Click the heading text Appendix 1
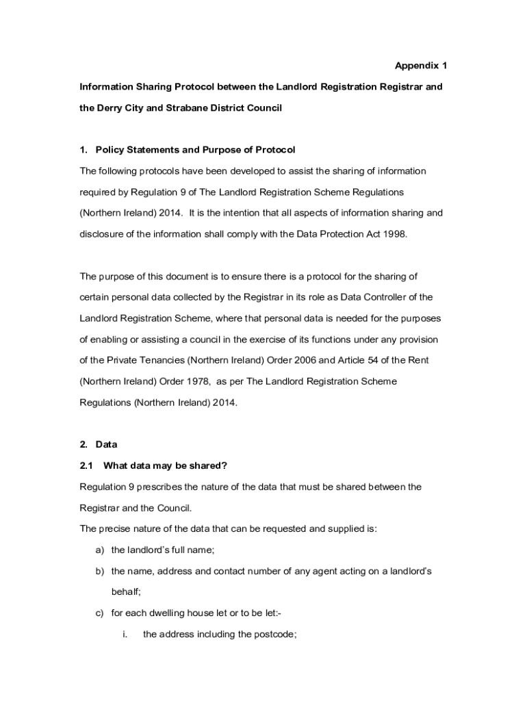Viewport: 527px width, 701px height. click(420, 66)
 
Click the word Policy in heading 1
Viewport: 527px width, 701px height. click(111, 150)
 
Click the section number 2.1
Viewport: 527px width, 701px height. click(86, 466)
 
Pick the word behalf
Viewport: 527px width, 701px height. click(125, 592)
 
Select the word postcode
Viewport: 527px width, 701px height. click(274, 635)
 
